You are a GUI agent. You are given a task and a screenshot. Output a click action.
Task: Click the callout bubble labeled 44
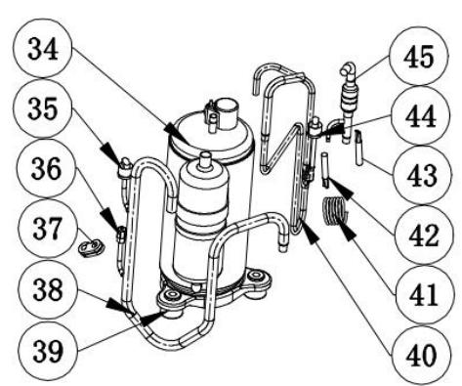[x=421, y=116]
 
